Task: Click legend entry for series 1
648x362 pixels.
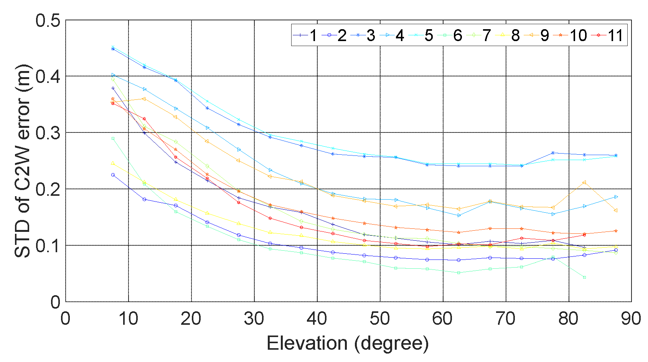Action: pos(305,35)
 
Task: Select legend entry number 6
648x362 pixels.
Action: pos(450,35)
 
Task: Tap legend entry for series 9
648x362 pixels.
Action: pos(538,35)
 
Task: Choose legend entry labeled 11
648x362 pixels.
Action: pos(609,35)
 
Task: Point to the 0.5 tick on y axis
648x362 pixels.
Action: pos(48,20)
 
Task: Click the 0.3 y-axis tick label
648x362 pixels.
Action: pos(48,133)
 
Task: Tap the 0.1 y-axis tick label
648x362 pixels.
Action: pos(48,246)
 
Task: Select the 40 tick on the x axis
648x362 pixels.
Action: pos(317,319)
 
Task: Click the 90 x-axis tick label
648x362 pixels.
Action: pos(631,319)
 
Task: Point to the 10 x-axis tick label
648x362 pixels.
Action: pos(128,319)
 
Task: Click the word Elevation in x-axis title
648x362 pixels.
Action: pos(307,343)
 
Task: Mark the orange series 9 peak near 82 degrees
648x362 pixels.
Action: pos(584,182)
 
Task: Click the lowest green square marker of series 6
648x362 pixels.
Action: pos(584,277)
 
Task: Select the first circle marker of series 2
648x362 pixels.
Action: pos(113,175)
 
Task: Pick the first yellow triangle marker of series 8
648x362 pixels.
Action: pos(113,163)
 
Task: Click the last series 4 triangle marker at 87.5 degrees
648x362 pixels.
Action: pos(616,197)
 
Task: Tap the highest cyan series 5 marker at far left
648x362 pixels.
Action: pos(113,47)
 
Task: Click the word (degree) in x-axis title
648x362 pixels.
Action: pos(391,343)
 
